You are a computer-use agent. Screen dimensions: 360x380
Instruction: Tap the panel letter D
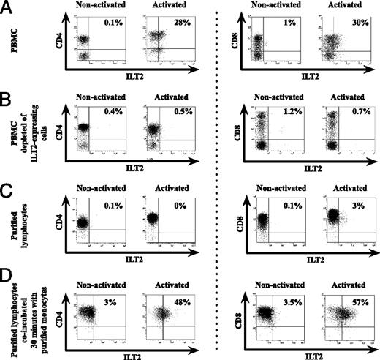(7, 277)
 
